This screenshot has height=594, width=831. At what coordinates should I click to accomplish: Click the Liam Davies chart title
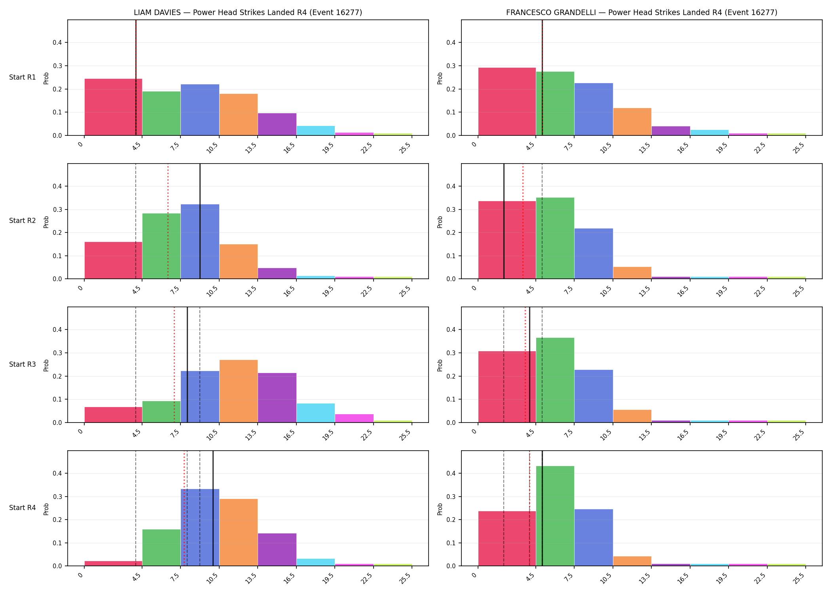(x=248, y=12)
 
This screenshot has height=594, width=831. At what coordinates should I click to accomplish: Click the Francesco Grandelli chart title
(x=641, y=12)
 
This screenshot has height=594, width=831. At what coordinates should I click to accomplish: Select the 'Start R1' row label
(x=23, y=77)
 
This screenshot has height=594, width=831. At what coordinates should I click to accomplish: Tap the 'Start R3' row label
(x=23, y=364)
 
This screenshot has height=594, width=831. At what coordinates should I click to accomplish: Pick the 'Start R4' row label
(x=23, y=508)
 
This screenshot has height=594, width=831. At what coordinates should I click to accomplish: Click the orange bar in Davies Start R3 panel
(x=239, y=391)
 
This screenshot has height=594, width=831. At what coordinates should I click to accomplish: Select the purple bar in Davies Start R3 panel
(x=277, y=398)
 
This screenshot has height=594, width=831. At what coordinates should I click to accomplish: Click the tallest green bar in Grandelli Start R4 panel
(x=555, y=516)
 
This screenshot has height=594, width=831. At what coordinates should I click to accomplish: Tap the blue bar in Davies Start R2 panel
(x=200, y=242)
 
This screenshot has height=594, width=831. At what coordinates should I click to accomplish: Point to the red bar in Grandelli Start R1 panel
(x=507, y=101)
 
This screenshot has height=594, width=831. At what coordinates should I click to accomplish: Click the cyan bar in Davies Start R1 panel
(x=316, y=131)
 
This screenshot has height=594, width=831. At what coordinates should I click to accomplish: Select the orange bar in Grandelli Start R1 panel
(x=632, y=122)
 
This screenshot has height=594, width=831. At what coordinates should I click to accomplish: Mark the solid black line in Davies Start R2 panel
(x=200, y=221)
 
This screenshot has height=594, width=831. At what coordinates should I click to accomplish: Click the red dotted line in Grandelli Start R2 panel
(x=523, y=221)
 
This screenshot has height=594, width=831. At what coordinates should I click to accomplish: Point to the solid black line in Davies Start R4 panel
(x=213, y=508)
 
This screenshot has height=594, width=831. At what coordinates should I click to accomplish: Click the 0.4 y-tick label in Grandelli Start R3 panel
(x=451, y=329)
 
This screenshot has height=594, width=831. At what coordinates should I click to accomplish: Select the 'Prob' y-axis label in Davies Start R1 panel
(x=46, y=78)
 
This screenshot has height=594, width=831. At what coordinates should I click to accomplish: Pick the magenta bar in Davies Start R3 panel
(x=354, y=418)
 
